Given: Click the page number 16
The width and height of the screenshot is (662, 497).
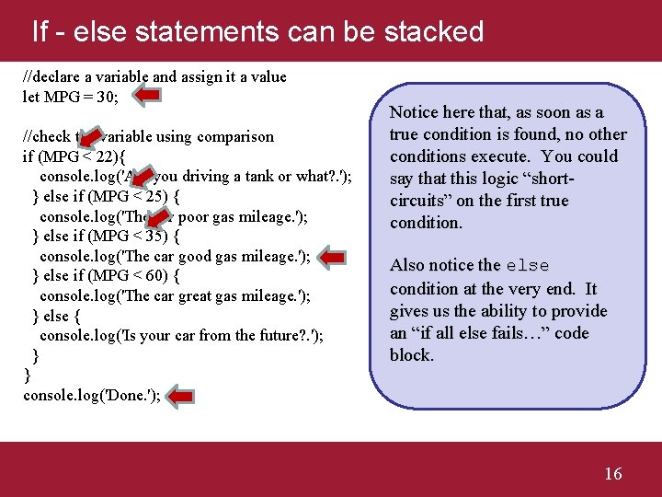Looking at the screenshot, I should pyautogui.click(x=612, y=473).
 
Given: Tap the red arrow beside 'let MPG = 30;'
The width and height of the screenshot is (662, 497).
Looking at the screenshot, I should pyautogui.click(x=143, y=94).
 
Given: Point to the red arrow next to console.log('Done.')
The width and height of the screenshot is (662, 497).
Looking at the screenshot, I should pyautogui.click(x=181, y=396).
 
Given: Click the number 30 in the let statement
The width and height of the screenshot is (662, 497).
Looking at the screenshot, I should pyautogui.click(x=104, y=97).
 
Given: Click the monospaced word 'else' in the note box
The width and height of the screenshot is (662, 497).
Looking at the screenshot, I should pyautogui.click(x=528, y=266).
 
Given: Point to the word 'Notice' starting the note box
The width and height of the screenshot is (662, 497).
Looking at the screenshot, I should pyautogui.click(x=415, y=112).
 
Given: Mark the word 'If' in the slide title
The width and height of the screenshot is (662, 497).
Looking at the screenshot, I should pyautogui.click(x=40, y=32).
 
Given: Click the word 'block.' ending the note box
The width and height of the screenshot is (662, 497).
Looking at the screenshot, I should pyautogui.click(x=411, y=355).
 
